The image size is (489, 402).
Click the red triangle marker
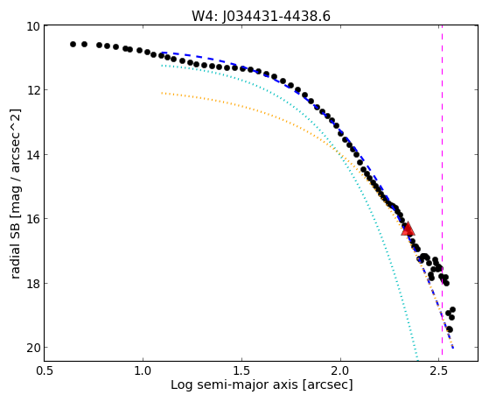408,229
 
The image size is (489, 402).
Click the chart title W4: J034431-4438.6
261,17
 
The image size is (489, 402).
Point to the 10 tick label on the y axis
33,26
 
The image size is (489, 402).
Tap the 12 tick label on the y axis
33,90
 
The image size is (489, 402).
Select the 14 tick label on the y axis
33,155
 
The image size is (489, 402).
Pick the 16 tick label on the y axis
33,219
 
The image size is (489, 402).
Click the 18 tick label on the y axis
33,284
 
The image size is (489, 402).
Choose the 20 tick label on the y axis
33,348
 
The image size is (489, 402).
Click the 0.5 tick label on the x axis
45,370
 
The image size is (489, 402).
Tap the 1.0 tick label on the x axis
143,370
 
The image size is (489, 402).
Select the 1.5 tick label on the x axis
241,370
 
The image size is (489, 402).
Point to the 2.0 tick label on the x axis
340,370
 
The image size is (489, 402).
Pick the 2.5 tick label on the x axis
439,370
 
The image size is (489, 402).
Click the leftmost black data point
73,44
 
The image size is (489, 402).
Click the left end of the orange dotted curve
162,93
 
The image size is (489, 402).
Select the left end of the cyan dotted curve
162,66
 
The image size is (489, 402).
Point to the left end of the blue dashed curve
162,53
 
